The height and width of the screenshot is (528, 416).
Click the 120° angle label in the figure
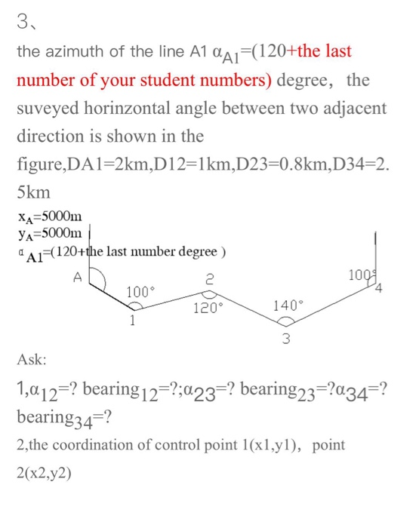[x=208, y=308]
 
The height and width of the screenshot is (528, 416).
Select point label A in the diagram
[x=76, y=277]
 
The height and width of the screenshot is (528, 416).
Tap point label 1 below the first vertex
[x=133, y=321]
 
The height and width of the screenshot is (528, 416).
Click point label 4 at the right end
[x=379, y=288]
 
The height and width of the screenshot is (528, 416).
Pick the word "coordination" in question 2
[x=97, y=445]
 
